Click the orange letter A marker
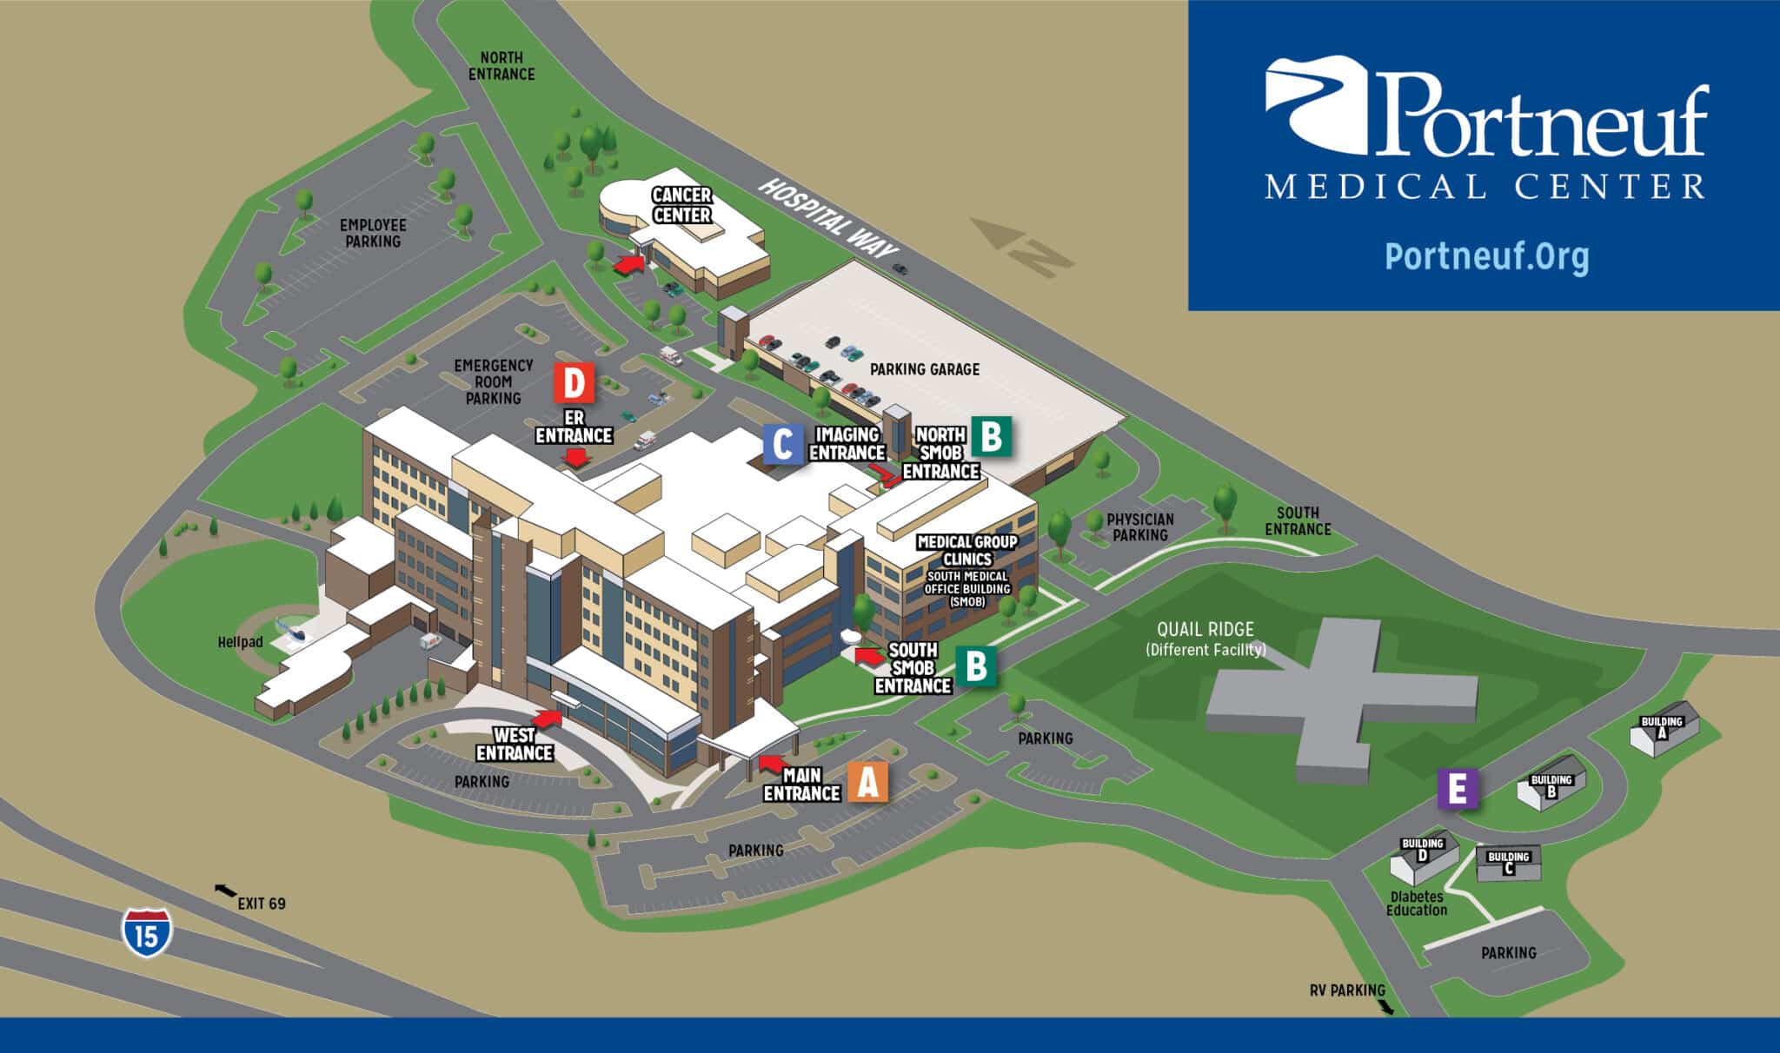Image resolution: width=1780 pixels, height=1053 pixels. pyautogui.click(x=867, y=781)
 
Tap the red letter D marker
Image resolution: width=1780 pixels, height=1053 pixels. pyautogui.click(x=575, y=383)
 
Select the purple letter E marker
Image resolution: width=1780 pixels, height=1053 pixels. pyautogui.click(x=1458, y=789)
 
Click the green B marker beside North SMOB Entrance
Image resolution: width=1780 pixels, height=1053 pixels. pyautogui.click(x=991, y=436)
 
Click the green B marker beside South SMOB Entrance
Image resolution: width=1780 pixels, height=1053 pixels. pyautogui.click(x=976, y=666)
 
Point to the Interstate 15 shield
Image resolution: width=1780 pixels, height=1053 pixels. pyautogui.click(x=147, y=931)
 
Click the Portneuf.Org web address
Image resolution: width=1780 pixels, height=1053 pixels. pyautogui.click(x=1486, y=257)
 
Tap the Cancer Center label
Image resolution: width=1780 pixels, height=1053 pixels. pyautogui.click(x=682, y=205)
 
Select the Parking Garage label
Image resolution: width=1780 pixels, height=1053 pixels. pyautogui.click(x=925, y=369)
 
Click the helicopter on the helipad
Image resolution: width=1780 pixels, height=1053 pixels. pyautogui.click(x=289, y=632)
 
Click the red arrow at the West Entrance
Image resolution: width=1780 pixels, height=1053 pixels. pyautogui.click(x=546, y=717)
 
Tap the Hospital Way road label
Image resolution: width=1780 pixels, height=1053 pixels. pyautogui.click(x=827, y=219)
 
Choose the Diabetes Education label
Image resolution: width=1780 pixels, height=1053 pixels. pyautogui.click(x=1417, y=904)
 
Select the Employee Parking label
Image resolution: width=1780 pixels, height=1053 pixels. pyautogui.click(x=373, y=233)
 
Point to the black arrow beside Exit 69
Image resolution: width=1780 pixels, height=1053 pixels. pyautogui.click(x=225, y=890)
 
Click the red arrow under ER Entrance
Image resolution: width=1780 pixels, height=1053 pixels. pyautogui.click(x=575, y=457)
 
